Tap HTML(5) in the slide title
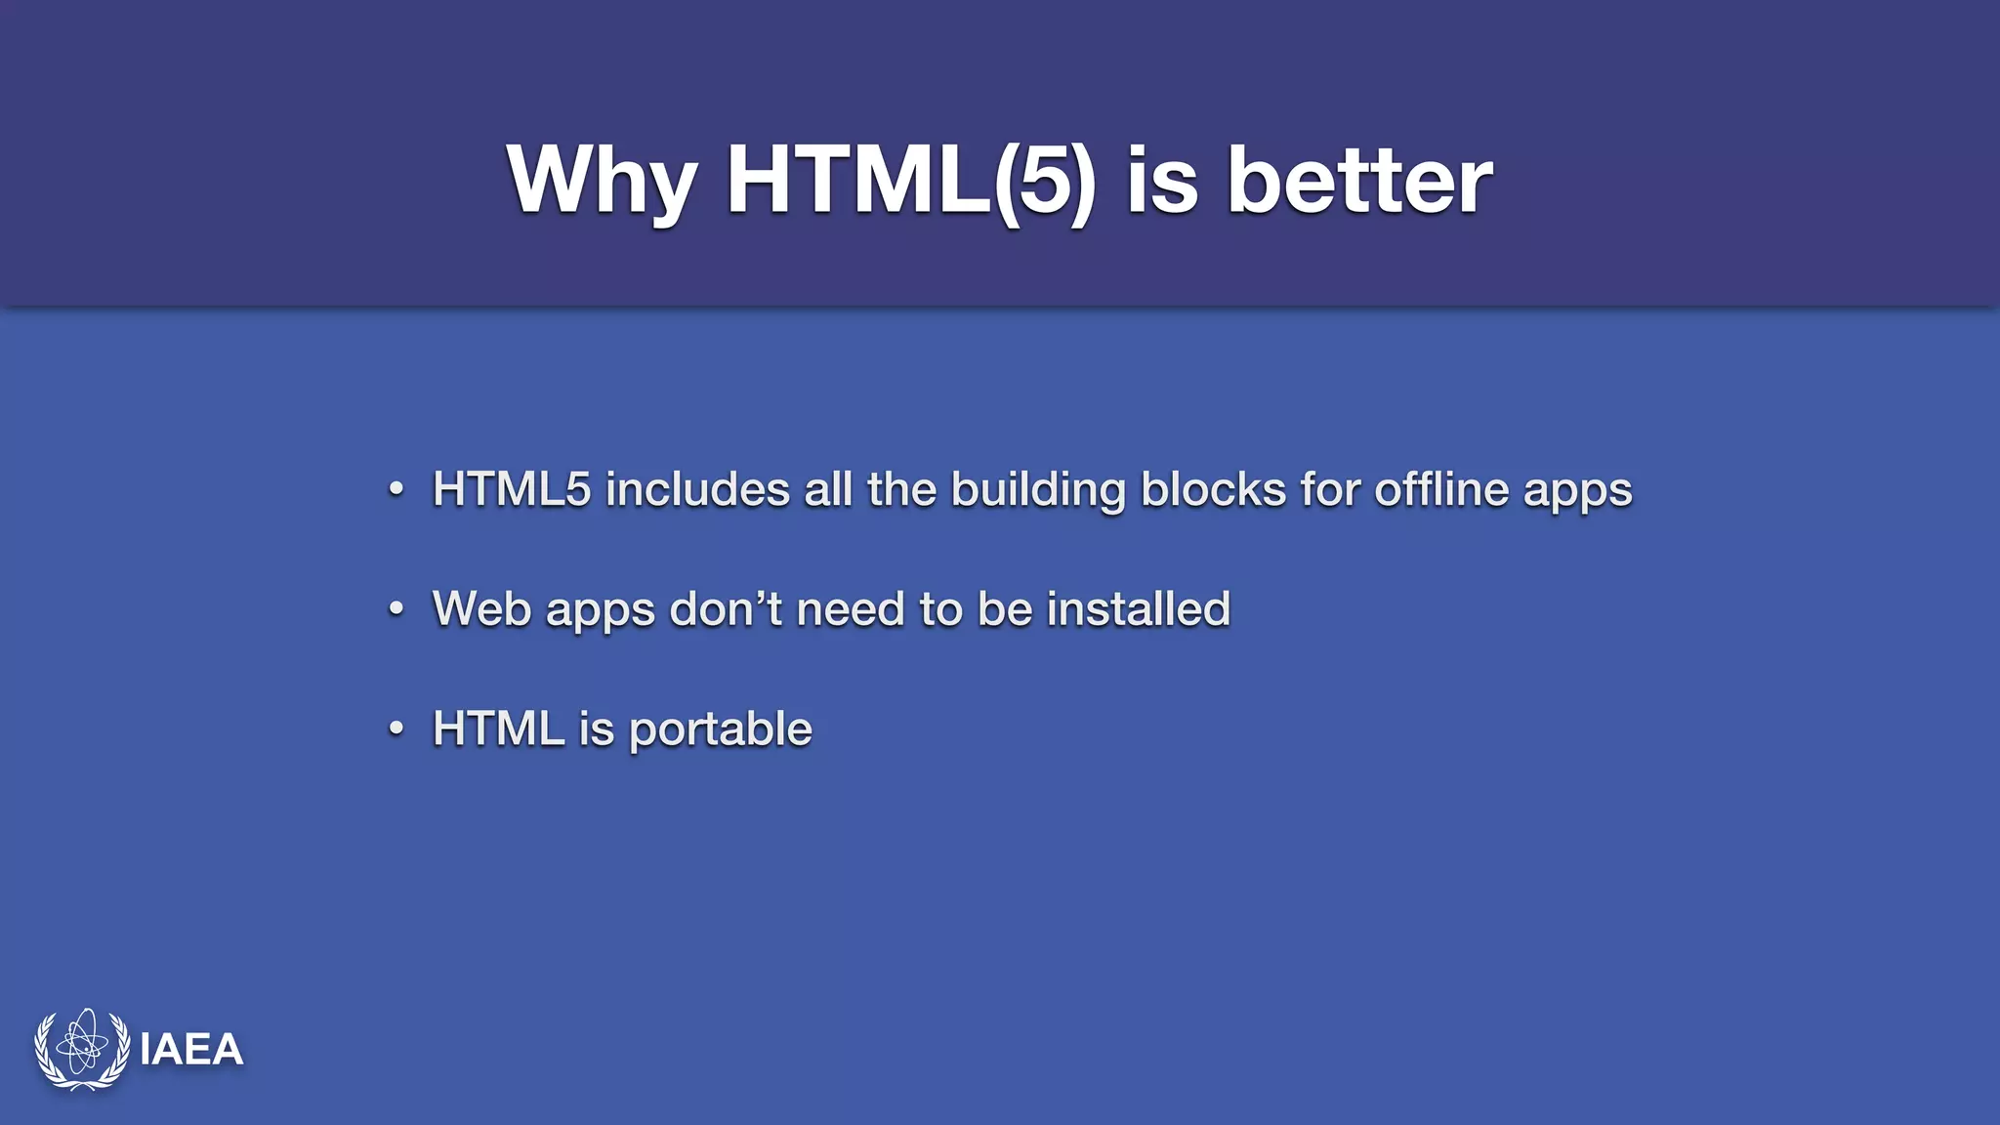coord(910,181)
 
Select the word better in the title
coord(1358,181)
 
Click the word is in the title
coord(1161,181)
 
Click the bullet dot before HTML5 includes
coord(396,489)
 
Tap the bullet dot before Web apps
coord(396,609)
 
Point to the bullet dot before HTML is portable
coord(396,729)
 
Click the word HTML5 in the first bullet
coord(512,489)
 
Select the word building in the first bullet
coord(1038,489)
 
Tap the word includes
coord(697,489)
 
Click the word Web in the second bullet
coord(481,609)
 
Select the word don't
coord(726,609)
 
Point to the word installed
coord(1139,609)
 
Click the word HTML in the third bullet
coord(498,729)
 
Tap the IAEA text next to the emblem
coord(191,1050)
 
